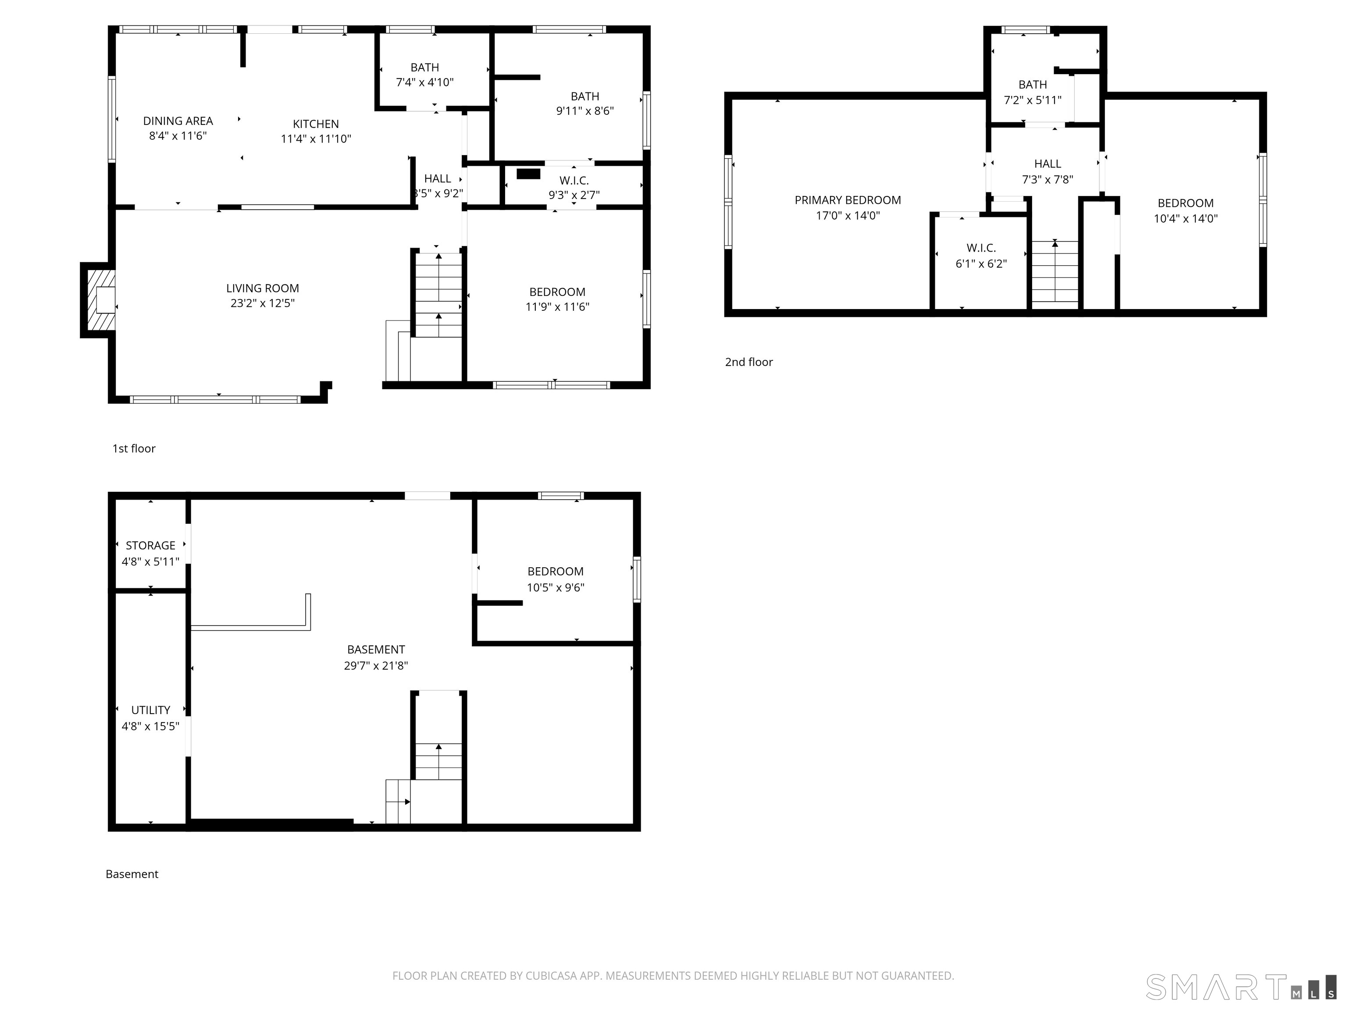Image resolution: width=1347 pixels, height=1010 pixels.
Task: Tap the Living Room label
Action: click(263, 288)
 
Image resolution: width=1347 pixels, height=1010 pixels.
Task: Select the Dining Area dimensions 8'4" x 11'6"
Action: click(178, 136)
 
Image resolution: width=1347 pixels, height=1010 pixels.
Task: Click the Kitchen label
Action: click(315, 124)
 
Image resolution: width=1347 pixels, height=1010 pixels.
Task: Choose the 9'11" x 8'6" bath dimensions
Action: click(584, 111)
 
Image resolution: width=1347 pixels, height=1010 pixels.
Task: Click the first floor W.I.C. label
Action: click(574, 181)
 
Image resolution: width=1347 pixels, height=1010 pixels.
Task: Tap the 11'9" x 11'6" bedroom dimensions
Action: click(557, 307)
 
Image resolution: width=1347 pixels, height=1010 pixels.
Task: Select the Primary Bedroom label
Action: click(848, 200)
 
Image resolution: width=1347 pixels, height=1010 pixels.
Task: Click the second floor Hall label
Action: click(1048, 164)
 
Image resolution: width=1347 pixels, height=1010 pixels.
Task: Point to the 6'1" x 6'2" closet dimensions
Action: click(981, 263)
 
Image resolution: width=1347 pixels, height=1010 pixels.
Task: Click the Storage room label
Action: click(150, 545)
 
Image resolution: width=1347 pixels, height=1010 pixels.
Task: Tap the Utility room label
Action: click(150, 710)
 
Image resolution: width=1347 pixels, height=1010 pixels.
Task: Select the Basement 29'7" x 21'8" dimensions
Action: click(376, 665)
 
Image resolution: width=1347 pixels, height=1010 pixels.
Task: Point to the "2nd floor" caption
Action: click(748, 362)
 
